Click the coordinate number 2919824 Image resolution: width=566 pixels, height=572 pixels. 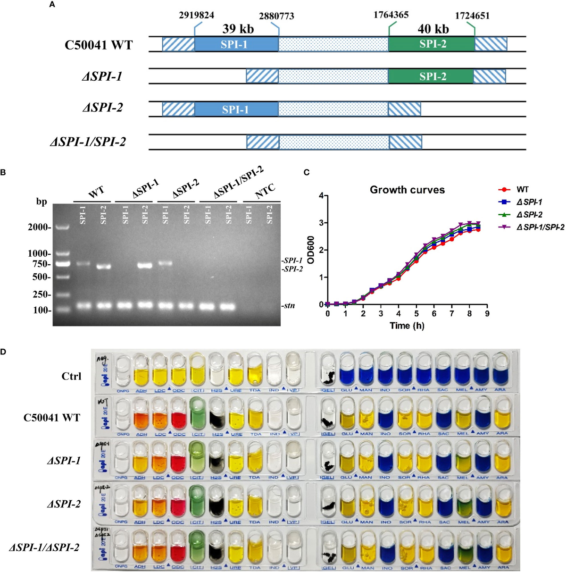tap(196, 15)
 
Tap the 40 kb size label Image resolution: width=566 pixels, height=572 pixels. tap(433, 29)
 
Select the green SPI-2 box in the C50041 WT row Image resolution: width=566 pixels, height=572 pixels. tap(432, 44)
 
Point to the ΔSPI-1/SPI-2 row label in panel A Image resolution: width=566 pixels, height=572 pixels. tap(88, 141)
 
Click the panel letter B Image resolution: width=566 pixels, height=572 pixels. tap(3, 172)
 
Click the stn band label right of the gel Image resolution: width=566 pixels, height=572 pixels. tap(289, 306)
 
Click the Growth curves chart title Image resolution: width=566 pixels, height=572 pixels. tap(407, 190)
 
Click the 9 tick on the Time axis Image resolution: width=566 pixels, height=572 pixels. tap(487, 313)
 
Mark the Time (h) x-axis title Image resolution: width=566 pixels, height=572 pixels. tap(407, 326)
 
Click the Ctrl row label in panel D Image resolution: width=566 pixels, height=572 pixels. tap(71, 376)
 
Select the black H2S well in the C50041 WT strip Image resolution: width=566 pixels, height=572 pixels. tap(216, 415)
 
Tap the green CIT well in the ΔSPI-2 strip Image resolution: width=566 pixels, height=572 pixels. tap(196, 500)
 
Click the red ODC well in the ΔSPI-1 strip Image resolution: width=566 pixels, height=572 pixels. tap(178, 459)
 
